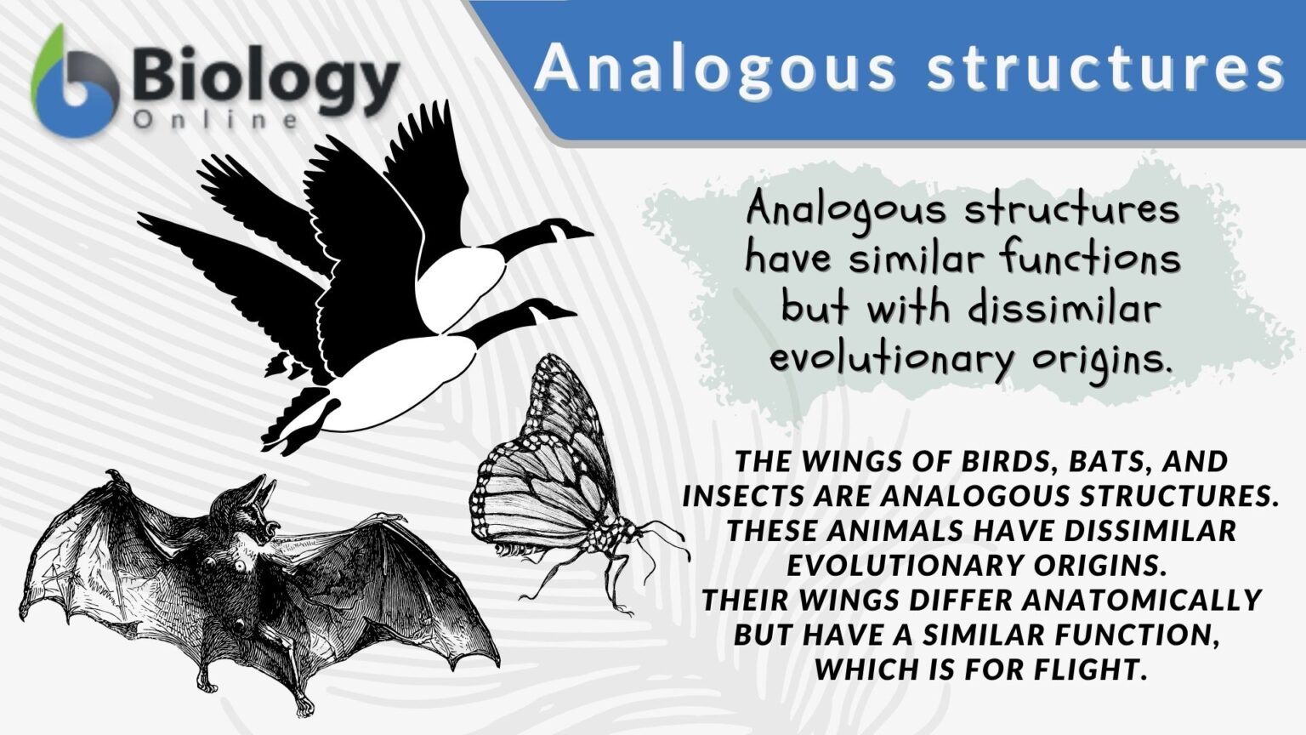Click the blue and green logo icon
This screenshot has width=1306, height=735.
point(75,85)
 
